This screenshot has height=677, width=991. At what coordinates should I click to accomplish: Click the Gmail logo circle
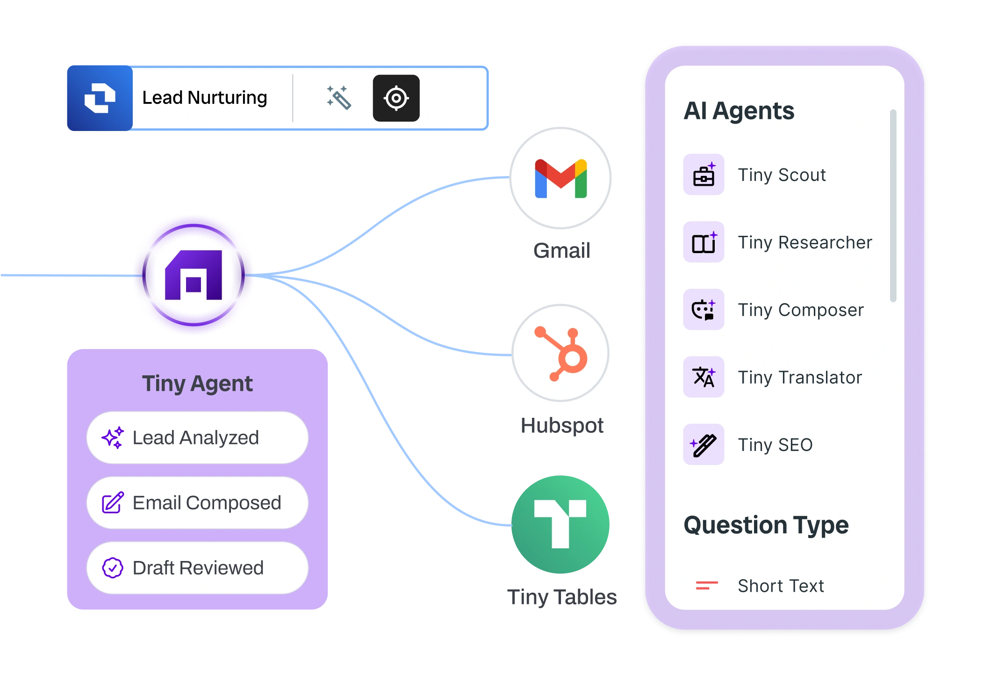[560, 178]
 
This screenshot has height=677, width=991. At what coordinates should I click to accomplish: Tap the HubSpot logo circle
[560, 354]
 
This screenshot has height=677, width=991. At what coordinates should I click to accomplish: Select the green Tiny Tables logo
[560, 524]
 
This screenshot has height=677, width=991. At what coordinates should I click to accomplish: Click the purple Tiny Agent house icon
[194, 275]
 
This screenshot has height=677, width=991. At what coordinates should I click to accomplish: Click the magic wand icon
[338, 98]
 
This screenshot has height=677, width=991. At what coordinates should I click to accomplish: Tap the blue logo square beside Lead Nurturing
[100, 98]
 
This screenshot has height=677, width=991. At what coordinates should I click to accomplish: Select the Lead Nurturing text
[204, 98]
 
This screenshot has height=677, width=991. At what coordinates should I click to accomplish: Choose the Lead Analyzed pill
[197, 437]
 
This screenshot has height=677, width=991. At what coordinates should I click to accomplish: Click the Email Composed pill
[197, 502]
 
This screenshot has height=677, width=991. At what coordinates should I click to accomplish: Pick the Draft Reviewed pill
[197, 568]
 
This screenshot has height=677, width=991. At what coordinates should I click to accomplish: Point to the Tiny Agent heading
[197, 384]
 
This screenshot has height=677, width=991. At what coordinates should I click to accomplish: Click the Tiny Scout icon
[704, 175]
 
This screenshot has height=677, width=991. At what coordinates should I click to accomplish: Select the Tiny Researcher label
[804, 242]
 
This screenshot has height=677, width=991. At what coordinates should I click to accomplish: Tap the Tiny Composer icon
[704, 310]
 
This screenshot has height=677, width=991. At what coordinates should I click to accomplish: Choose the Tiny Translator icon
[704, 377]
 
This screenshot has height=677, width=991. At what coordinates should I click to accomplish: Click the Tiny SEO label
[775, 444]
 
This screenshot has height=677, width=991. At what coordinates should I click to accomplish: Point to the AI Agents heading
[739, 111]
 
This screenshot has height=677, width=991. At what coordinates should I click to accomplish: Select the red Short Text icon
[706, 585]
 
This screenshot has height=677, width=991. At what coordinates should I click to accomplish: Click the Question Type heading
[766, 525]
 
